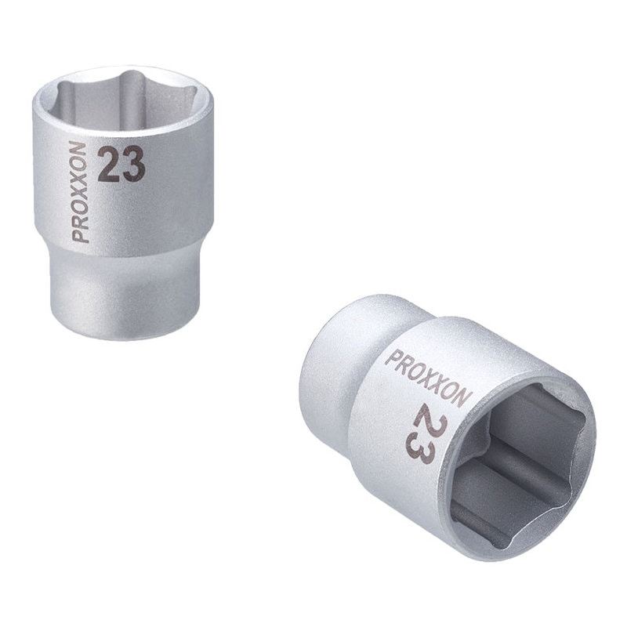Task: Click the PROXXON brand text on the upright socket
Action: tap(78, 191)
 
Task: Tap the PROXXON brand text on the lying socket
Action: tap(428, 378)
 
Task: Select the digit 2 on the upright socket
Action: tap(109, 165)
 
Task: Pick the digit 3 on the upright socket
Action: tap(133, 165)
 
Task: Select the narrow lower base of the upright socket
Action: tap(125, 292)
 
